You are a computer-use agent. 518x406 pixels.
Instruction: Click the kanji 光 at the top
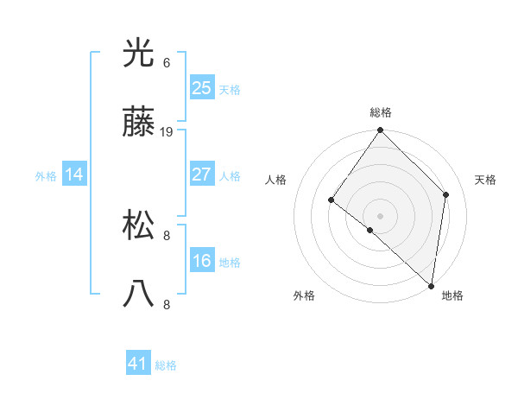tap(139, 53)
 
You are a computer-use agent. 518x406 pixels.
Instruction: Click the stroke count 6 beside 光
tap(167, 63)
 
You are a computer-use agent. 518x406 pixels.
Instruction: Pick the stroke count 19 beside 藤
tap(167, 132)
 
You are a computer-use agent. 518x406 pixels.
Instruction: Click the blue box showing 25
tap(201, 87)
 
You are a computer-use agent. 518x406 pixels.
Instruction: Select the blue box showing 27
tap(201, 174)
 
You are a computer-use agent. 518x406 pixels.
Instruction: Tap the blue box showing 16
tap(201, 261)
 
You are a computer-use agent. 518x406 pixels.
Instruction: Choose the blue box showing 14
tap(74, 175)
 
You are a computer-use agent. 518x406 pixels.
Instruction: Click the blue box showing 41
tap(138, 364)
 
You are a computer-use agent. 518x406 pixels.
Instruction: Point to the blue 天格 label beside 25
tap(230, 90)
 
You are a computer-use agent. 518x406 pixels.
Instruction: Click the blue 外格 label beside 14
tap(46, 176)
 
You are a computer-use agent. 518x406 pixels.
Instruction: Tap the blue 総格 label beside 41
tap(166, 366)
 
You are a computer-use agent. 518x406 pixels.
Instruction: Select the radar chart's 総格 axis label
tap(381, 112)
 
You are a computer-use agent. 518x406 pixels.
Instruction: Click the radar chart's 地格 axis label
tap(452, 295)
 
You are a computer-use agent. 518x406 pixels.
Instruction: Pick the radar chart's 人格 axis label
tap(276, 180)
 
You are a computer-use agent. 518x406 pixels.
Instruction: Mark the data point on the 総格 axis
tap(381, 130)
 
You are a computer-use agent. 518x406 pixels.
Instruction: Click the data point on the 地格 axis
tap(431, 285)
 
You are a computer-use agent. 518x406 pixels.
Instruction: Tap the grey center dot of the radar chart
tap(381, 215)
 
